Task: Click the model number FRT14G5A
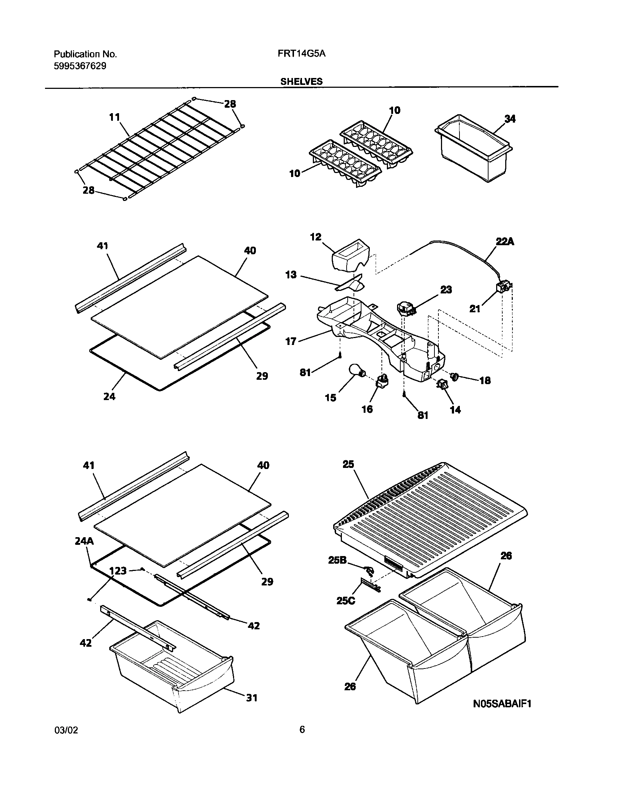point(302,54)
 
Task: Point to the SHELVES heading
point(301,82)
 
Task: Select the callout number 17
point(291,341)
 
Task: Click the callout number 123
point(118,571)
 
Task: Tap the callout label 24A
point(84,541)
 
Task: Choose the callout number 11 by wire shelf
point(114,117)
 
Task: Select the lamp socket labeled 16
point(382,382)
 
